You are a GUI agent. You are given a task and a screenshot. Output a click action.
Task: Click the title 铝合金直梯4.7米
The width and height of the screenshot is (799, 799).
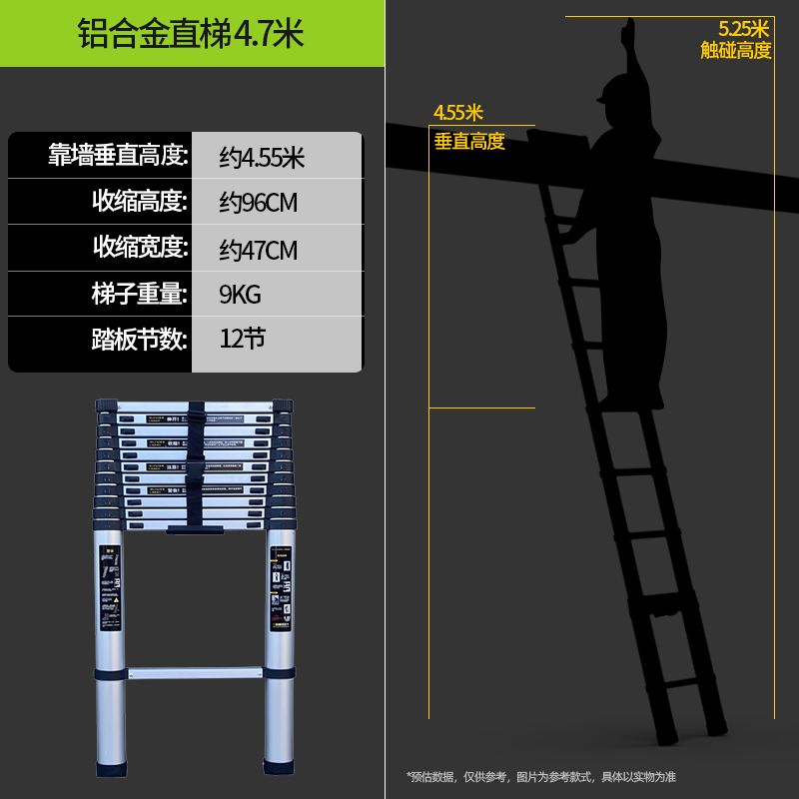(191, 33)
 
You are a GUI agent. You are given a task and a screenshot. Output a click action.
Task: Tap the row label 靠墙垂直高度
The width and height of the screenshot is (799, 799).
(118, 156)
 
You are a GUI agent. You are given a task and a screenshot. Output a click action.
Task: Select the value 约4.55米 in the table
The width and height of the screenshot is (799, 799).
(262, 157)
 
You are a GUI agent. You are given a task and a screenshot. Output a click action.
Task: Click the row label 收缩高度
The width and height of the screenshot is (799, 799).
(140, 202)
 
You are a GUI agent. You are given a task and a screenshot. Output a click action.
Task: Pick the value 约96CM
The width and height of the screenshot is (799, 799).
(259, 203)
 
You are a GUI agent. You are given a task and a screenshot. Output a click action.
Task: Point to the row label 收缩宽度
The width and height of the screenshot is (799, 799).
(140, 248)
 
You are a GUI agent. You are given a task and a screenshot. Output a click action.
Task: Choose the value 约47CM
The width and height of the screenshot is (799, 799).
(259, 249)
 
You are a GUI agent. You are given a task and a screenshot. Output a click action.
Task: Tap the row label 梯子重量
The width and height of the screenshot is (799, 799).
(140, 294)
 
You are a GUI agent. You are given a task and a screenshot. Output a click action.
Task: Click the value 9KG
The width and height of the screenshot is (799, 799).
(240, 295)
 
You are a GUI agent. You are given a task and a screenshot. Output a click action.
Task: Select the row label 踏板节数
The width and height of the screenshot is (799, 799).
(140, 340)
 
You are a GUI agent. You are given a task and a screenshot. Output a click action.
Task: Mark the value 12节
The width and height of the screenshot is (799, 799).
(243, 340)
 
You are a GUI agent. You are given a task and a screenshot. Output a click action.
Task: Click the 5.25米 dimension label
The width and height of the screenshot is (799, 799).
(744, 29)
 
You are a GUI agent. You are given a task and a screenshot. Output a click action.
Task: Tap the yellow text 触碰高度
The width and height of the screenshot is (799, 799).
(736, 50)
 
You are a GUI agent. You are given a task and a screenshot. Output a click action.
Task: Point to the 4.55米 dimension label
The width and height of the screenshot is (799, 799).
(458, 112)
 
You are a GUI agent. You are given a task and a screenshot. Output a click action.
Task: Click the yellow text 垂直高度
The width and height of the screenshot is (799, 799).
(469, 142)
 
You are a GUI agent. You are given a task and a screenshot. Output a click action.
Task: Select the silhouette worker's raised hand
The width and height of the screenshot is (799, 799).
(628, 32)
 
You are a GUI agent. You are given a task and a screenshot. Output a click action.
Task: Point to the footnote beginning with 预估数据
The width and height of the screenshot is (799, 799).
(540, 776)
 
